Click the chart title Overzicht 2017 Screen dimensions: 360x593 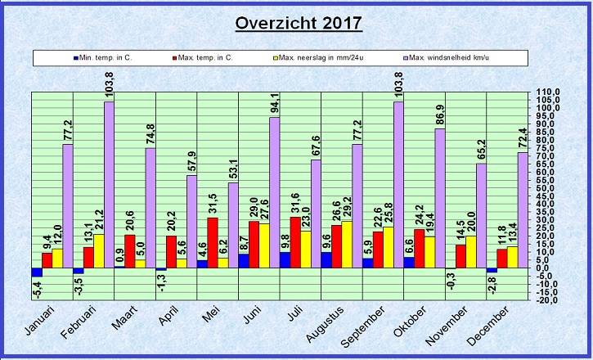298,22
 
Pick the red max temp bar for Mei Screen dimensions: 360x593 213,242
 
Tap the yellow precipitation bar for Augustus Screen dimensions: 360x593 347,244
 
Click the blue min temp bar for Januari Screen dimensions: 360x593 36,272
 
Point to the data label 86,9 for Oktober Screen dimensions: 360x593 440,115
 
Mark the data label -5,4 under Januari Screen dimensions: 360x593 38,289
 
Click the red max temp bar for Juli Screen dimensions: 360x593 295,242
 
